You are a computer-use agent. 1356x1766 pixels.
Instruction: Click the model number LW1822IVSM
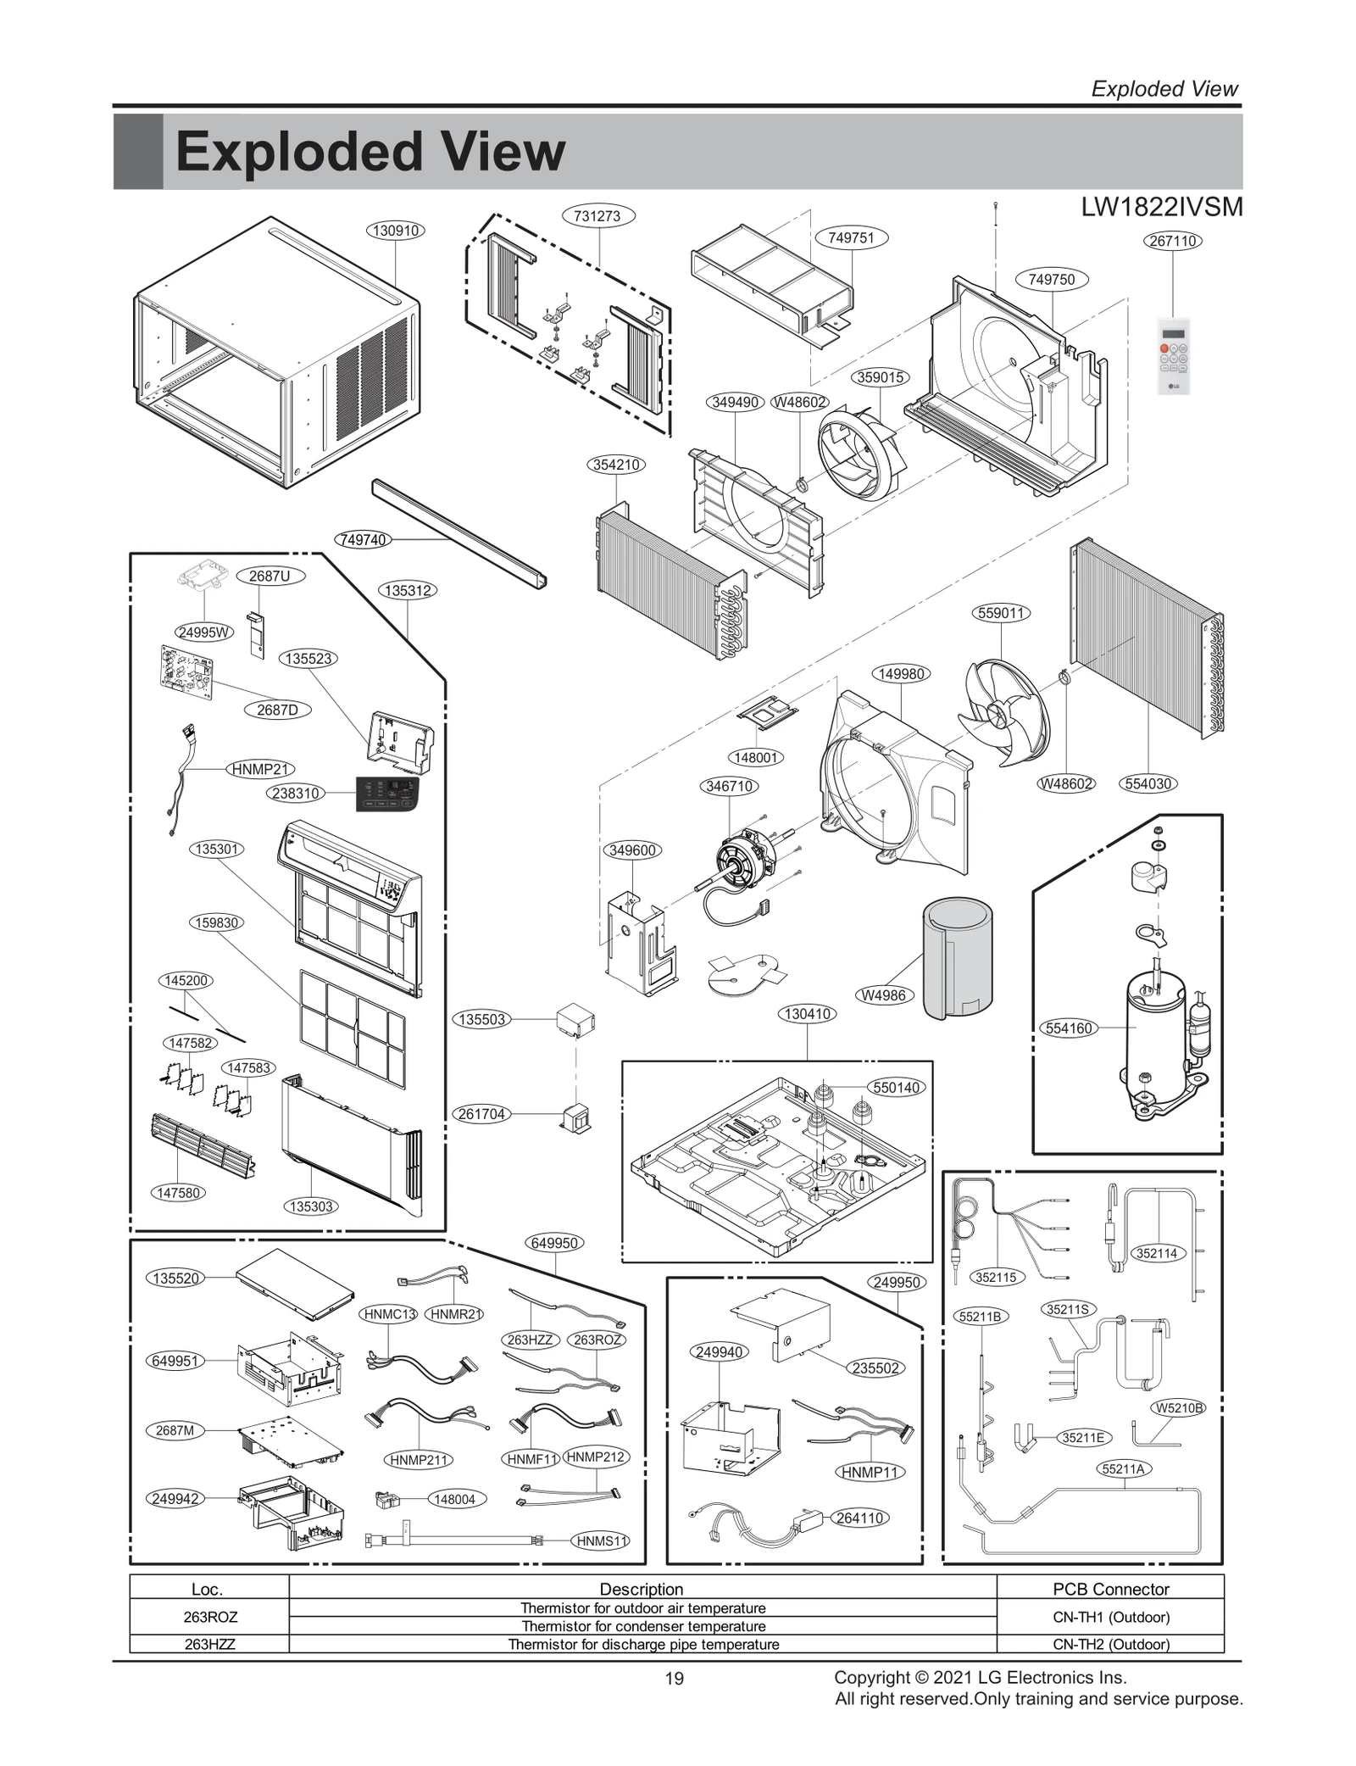click(x=1162, y=207)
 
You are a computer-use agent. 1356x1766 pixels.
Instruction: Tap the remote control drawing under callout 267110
click(x=1173, y=355)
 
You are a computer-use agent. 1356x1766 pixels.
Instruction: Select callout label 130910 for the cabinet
click(x=396, y=231)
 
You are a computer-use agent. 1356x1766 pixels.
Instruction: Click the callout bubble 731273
click(x=597, y=216)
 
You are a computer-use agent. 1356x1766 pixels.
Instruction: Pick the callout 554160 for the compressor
click(x=1069, y=1028)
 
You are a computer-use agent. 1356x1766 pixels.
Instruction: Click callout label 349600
click(x=632, y=850)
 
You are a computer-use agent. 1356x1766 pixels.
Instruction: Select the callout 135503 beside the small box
click(x=482, y=1020)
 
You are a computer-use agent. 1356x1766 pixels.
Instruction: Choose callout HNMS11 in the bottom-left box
click(x=601, y=1541)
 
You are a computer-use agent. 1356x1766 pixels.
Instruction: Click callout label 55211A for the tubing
click(x=1124, y=1469)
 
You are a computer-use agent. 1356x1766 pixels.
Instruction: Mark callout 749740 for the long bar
click(x=364, y=540)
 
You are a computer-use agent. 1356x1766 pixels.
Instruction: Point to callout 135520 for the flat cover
click(x=175, y=1279)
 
